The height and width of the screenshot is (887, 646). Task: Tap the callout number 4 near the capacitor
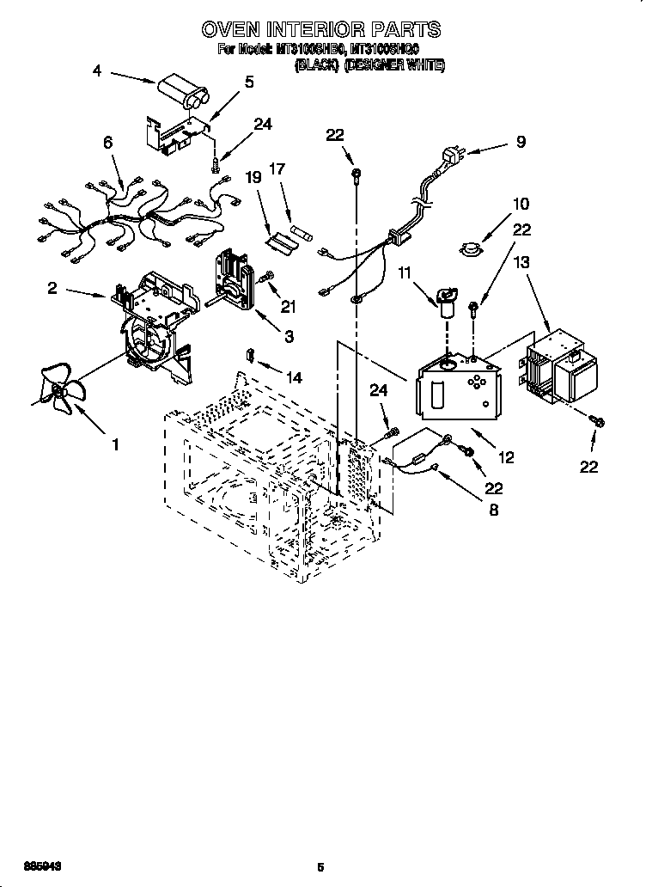[x=97, y=72]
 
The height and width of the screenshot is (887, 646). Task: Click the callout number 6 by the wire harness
[x=107, y=144]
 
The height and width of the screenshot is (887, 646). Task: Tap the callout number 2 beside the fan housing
[x=52, y=289]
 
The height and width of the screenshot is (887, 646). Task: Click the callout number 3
[x=289, y=338]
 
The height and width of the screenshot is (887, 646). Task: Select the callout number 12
[x=506, y=458]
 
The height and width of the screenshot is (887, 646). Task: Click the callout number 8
[x=493, y=510]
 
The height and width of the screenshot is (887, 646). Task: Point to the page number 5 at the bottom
[x=320, y=867]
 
